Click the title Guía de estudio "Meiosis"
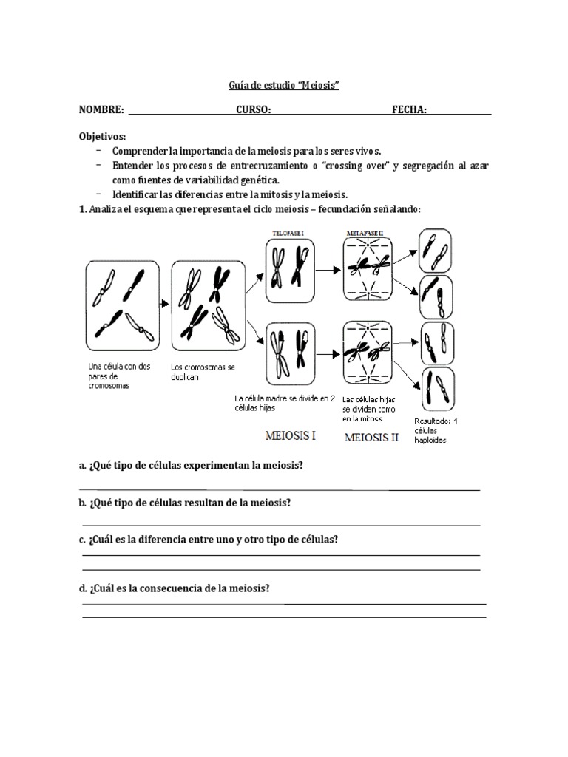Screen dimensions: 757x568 click(283, 86)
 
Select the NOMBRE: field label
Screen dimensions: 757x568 click(102, 109)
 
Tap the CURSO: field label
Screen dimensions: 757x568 click(254, 109)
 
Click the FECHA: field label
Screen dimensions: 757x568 click(409, 109)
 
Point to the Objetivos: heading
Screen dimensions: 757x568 click(103, 137)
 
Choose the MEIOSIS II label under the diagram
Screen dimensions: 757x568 click(372, 437)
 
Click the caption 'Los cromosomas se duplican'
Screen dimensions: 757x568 click(196, 371)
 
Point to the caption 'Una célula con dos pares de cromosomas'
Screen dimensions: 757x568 click(118, 376)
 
